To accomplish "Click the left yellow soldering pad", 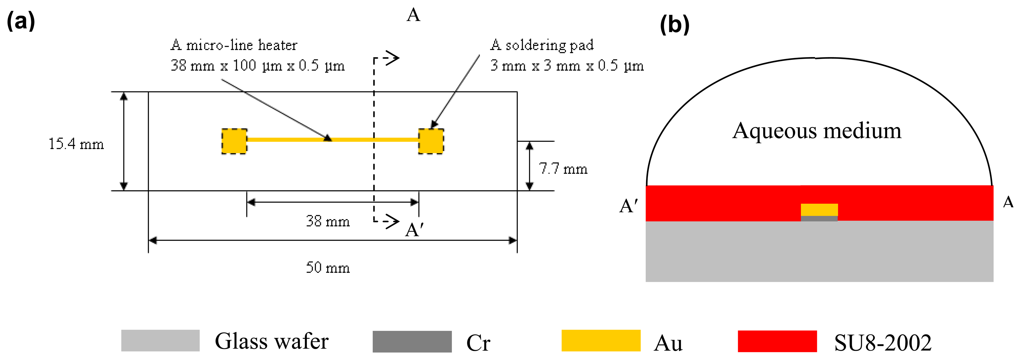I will (234, 141).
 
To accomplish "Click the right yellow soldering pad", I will (431, 141).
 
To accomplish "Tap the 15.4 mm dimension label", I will (76, 144).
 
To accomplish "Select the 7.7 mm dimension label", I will (563, 169).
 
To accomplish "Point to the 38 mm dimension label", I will (328, 221).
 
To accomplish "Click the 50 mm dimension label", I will (328, 268).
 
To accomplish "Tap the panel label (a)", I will (21, 21).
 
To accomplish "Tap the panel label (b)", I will (675, 25).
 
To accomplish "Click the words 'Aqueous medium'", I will (817, 131).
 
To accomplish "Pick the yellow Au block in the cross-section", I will (819, 210).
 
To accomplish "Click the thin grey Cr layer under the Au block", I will (819, 218).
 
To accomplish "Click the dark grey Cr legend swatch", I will (412, 341).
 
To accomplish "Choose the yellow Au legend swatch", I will (601, 340).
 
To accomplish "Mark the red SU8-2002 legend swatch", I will (777, 341).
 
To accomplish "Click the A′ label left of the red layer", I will (629, 206).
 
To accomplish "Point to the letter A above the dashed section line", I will (413, 15).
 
